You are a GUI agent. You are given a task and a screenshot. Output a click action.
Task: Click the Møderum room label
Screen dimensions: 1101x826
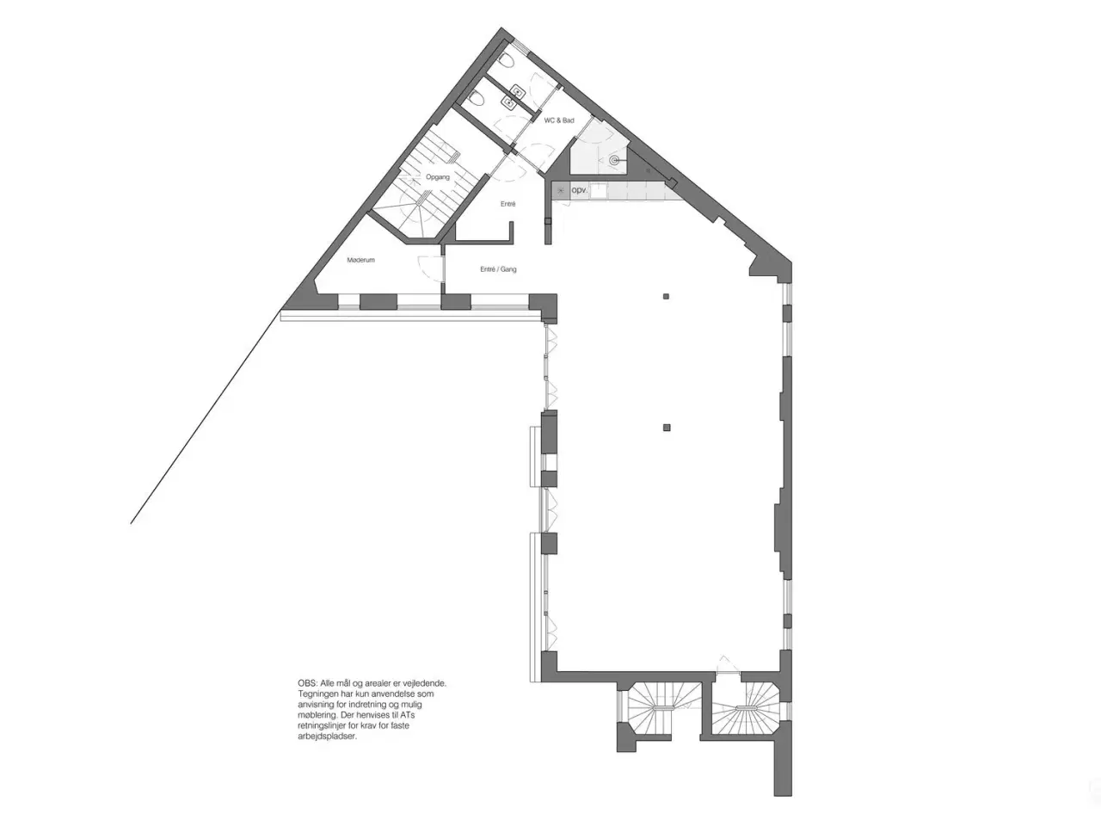pos(360,261)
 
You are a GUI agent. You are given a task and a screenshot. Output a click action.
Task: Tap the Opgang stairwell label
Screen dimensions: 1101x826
pos(438,177)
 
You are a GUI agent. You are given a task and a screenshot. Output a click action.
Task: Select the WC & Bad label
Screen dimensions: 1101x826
pos(559,120)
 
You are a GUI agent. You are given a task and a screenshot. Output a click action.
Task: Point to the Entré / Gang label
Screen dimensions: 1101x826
pos(497,269)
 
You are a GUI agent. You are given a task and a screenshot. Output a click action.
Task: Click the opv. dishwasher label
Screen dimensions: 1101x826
pos(580,190)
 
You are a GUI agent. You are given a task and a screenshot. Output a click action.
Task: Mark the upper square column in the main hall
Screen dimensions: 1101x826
pos(666,296)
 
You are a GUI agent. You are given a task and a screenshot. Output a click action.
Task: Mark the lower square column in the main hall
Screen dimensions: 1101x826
pos(666,428)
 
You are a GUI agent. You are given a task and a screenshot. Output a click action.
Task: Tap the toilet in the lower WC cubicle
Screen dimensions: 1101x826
pos(477,101)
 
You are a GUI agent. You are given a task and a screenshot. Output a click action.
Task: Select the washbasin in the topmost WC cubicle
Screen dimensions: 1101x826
pos(517,91)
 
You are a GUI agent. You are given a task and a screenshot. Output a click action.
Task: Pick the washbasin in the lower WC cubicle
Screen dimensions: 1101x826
pos(509,102)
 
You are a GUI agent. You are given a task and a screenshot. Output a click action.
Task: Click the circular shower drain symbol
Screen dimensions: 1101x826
pos(614,161)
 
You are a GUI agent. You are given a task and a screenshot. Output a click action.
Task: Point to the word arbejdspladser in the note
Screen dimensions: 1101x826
pos(327,737)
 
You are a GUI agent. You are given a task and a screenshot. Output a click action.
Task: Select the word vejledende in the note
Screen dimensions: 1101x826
pos(426,683)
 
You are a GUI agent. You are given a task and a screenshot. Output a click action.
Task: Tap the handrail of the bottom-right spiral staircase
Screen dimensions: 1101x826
pos(746,707)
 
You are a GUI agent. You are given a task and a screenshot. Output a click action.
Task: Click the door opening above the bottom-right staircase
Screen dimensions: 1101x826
pos(728,666)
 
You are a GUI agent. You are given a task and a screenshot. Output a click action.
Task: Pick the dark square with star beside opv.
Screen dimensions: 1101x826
pos(561,190)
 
